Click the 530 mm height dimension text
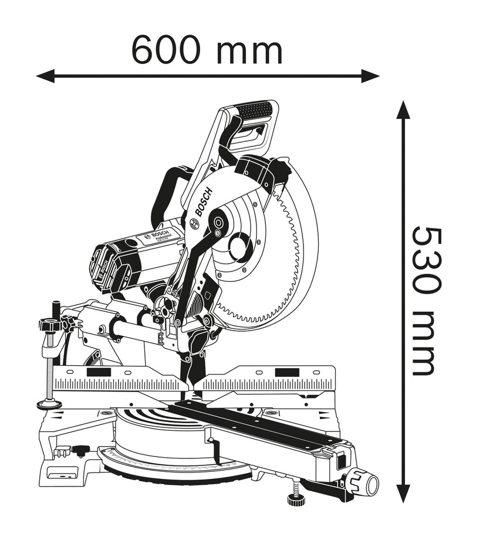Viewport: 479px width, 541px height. click(424, 300)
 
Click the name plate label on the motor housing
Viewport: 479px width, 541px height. click(157, 236)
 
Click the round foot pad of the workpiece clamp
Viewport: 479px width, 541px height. click(49, 404)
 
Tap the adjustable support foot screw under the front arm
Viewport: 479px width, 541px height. click(293, 498)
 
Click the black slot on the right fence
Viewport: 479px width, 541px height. click(285, 372)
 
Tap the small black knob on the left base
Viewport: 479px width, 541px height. click(79, 450)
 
